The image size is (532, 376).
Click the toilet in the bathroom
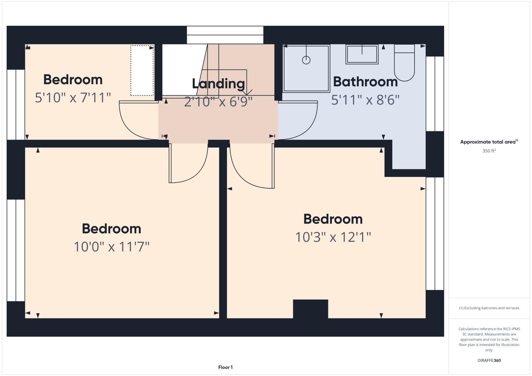coord(404,63)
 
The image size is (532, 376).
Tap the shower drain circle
coord(306,60)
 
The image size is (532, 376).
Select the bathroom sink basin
coord(362,54)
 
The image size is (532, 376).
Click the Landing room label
coord(218,84)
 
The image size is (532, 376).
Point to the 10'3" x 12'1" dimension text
coord(333,237)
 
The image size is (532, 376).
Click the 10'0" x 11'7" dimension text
coord(112,247)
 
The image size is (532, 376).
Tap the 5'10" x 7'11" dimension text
coord(73,97)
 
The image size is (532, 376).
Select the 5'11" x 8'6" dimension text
coord(365,100)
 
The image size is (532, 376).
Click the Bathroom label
coord(365,82)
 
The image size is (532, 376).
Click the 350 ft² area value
coord(489,151)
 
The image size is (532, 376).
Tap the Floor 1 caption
coord(226,367)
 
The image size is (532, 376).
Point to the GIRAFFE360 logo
coord(489,360)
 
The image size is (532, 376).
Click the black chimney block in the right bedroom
coord(310,309)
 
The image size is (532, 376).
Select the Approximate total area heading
coord(489,142)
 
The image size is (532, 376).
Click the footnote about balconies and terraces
coord(489,308)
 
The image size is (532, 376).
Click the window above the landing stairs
coord(225,35)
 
